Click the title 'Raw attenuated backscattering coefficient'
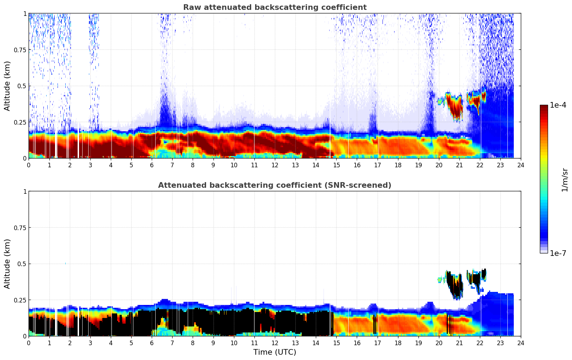(x=275, y=7)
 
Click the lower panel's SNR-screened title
(x=275, y=185)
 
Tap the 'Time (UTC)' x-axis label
(x=275, y=352)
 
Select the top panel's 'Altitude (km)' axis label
(x=7, y=86)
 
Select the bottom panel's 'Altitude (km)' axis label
(x=7, y=264)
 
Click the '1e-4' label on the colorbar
(x=558, y=105)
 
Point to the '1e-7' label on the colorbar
(x=558, y=253)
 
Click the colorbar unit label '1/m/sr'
(x=565, y=180)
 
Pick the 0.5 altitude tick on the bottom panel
(x=22, y=264)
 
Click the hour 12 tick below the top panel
(x=275, y=165)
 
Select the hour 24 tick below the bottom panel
(x=520, y=343)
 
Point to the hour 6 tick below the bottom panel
(x=152, y=343)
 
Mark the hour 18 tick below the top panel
(x=398, y=165)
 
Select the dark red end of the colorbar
(x=543, y=107)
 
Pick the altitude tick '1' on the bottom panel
(x=24, y=192)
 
